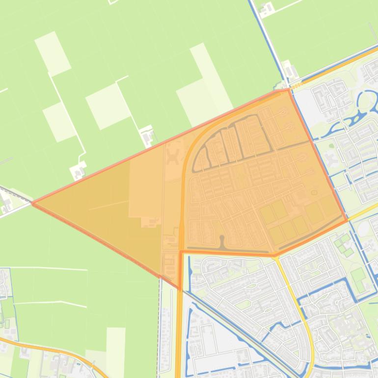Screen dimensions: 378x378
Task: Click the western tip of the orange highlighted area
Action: point(32,203)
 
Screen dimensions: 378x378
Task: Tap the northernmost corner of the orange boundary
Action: point(288,89)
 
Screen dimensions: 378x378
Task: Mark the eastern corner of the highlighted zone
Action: point(347,219)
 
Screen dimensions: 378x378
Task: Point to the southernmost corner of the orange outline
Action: point(180,289)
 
